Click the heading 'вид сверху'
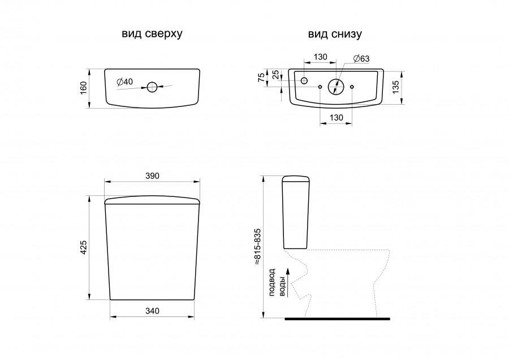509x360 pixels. click(152, 34)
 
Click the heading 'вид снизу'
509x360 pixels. click(335, 34)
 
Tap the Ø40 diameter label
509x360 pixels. click(125, 82)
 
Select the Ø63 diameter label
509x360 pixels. click(361, 58)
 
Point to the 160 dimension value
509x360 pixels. click(84, 88)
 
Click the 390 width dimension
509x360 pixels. click(152, 176)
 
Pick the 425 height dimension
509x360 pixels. click(84, 247)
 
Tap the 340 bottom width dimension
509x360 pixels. click(152, 311)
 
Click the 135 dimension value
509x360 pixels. click(396, 87)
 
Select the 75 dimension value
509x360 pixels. click(261, 78)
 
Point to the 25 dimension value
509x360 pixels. click(275, 74)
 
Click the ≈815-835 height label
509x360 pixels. click(257, 247)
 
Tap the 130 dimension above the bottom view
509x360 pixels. click(321, 57)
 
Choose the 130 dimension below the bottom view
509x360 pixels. click(337, 117)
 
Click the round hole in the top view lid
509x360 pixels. click(152, 87)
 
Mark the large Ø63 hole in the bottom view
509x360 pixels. click(336, 87)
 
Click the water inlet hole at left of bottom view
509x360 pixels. click(304, 80)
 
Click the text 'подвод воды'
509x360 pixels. click(277, 282)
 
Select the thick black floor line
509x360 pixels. click(337, 319)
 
